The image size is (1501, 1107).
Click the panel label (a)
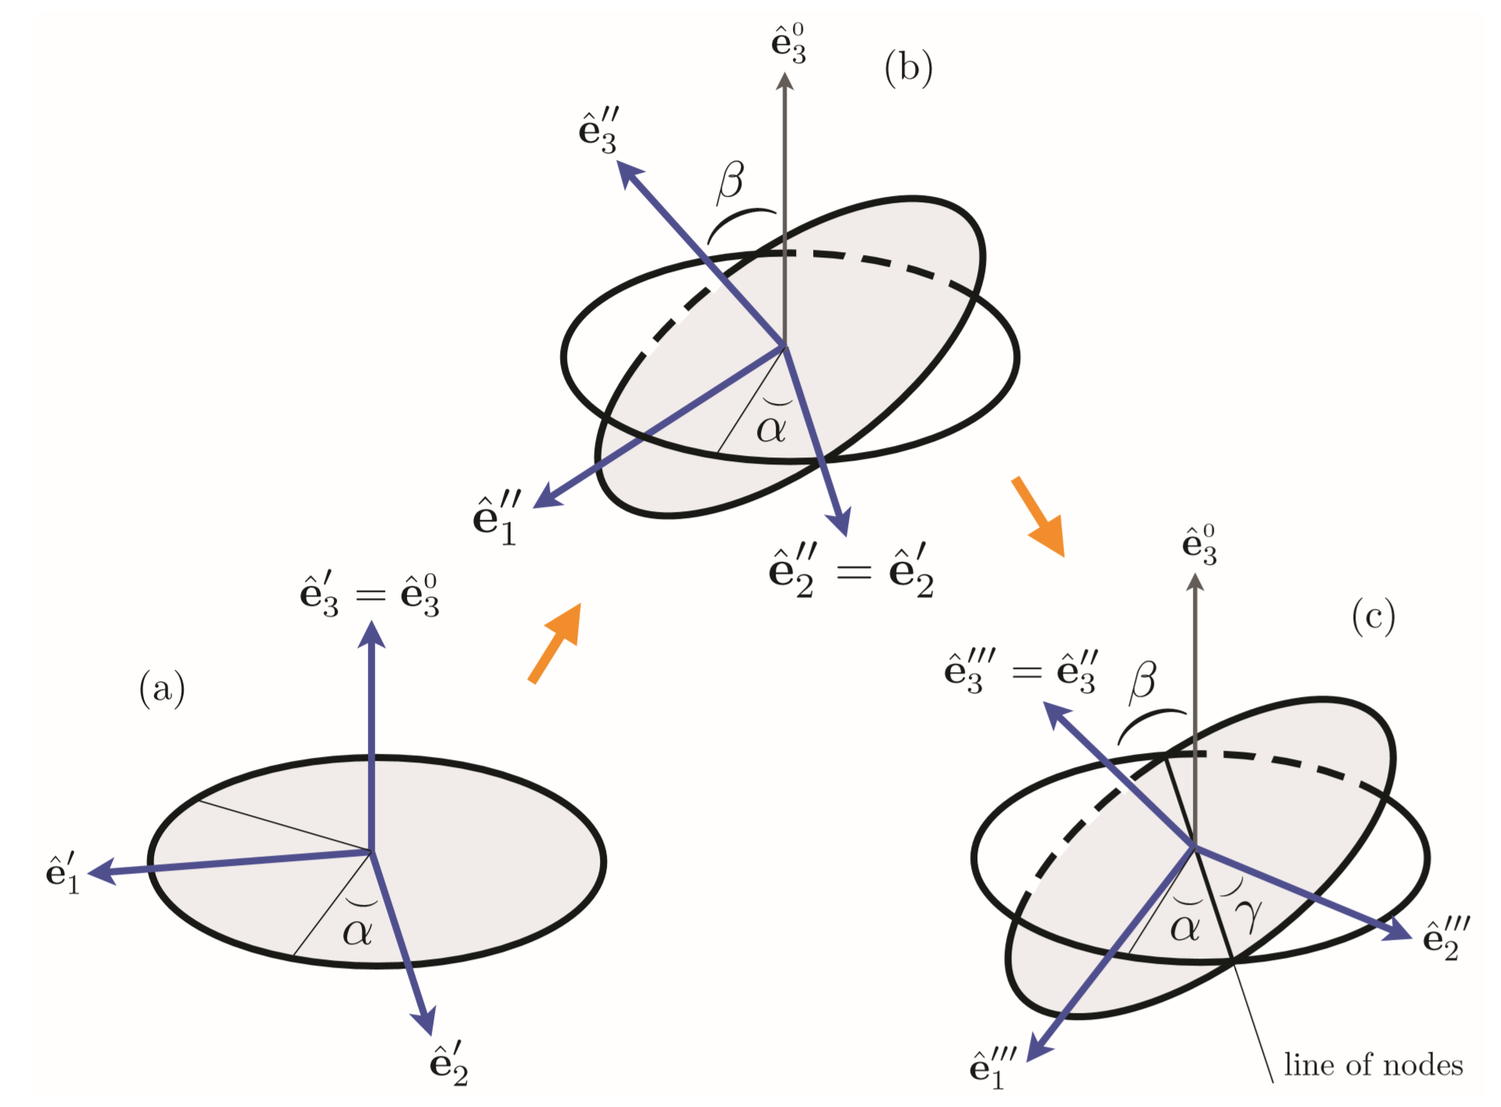[162, 689]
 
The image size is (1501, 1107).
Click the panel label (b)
[908, 68]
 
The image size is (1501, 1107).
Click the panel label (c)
[1373, 617]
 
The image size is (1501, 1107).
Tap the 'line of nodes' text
[1373, 1064]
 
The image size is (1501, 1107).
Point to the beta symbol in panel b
[730, 182]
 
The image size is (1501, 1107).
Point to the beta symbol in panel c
[1142, 681]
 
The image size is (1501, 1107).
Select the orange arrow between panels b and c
[1038, 516]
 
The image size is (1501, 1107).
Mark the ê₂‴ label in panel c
[1446, 937]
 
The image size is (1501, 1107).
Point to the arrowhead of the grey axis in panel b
[785, 80]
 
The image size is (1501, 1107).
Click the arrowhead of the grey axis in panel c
[1196, 581]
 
